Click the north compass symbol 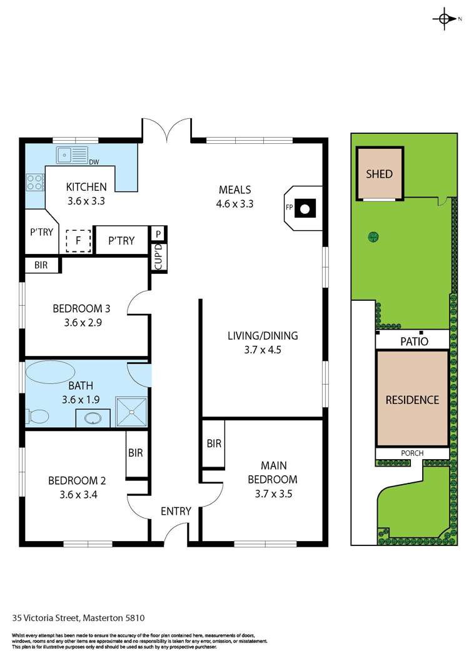tap(444, 19)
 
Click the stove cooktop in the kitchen tap(34, 181)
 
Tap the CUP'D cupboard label tap(158, 256)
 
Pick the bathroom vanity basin tap(93, 418)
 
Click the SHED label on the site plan tap(380, 173)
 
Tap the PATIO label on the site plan tap(412, 342)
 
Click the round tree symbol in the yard tap(373, 237)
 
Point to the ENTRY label tap(176, 511)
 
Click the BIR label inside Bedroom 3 tap(41, 265)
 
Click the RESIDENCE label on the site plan tap(411, 400)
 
